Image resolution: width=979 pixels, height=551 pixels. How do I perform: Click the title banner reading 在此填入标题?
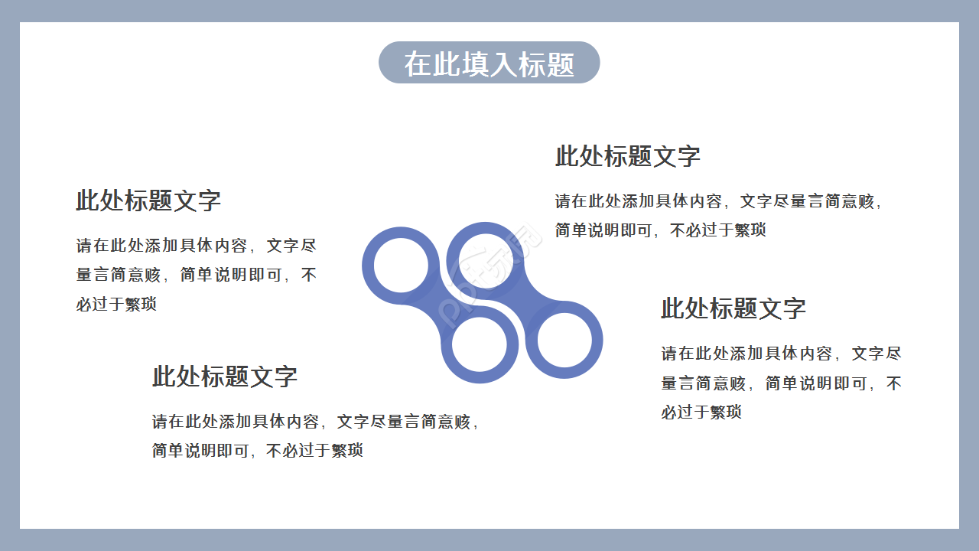pyautogui.click(x=489, y=63)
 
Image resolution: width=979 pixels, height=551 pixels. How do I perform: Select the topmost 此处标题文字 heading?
pyautogui.click(x=627, y=156)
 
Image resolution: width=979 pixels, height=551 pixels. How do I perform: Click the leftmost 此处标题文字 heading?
pyautogui.click(x=148, y=201)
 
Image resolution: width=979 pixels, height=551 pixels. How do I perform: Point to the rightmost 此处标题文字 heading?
pyautogui.click(x=733, y=308)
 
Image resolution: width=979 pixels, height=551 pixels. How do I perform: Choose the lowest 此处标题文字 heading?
pyautogui.click(x=224, y=377)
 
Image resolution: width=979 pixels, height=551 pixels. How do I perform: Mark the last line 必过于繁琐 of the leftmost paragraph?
pyautogui.click(x=116, y=304)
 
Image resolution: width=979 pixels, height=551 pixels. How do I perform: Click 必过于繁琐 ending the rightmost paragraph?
pyautogui.click(x=701, y=412)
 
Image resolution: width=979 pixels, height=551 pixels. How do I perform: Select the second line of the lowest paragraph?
pyautogui.click(x=257, y=451)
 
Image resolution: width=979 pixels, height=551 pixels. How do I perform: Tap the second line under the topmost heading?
pyautogui.click(x=660, y=230)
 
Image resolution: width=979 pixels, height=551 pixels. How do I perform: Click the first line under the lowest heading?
pyautogui.click(x=316, y=422)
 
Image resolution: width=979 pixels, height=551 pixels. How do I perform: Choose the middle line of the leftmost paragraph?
pyautogui.click(x=196, y=275)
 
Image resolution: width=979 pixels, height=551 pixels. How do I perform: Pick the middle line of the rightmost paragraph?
pyautogui.click(x=781, y=383)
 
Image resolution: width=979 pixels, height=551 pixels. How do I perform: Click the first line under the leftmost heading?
pyautogui.click(x=196, y=246)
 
